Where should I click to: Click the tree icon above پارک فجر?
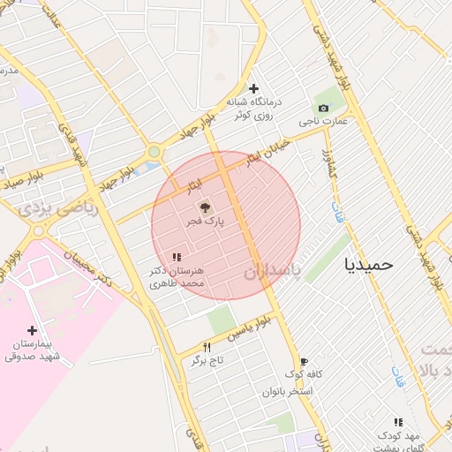(205, 208)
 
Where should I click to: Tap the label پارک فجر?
(205, 222)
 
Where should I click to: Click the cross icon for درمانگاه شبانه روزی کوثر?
(254, 88)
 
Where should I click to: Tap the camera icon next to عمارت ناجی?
(323, 109)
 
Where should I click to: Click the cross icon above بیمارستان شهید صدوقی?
(33, 330)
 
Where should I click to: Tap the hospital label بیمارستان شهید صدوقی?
(33, 350)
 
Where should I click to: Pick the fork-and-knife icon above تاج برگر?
(207, 347)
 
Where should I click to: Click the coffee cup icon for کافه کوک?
(304, 361)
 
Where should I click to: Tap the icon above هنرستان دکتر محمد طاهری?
(177, 257)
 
